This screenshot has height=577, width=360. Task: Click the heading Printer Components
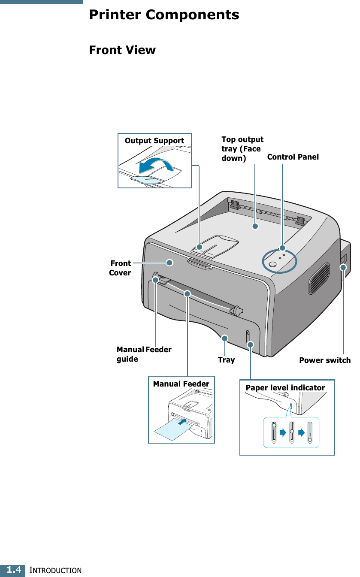pos(164,15)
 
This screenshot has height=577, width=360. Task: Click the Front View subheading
pos(122,50)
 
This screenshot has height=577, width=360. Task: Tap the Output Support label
pos(154,141)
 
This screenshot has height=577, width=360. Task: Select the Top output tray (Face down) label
pos(242,149)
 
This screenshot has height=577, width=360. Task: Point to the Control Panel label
pos(293,157)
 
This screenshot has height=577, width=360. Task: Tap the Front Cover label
pos(120,268)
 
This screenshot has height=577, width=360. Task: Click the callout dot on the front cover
pos(170,262)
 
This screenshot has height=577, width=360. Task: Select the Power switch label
pos(324,360)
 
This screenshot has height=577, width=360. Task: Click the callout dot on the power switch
pos(343,267)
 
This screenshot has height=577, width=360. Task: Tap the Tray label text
pos(226,360)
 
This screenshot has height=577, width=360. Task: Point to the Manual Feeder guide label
pos(144,354)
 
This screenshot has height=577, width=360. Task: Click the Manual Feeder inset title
pos(181,384)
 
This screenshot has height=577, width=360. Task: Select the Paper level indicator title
pos(285,388)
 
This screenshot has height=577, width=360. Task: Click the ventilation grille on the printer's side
pos(318,279)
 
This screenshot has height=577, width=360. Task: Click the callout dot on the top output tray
pos(255,226)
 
